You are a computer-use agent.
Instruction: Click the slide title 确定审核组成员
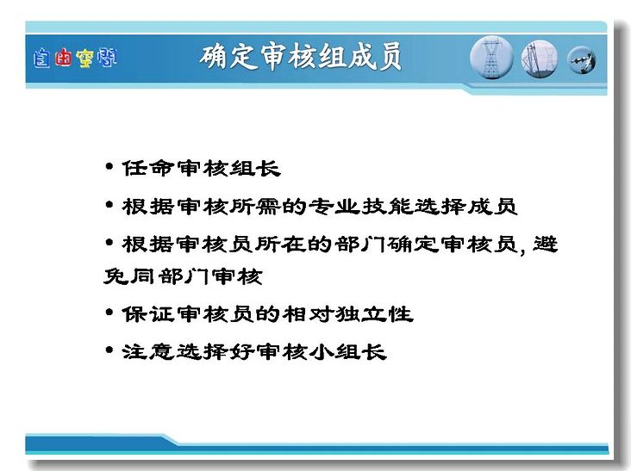[x=301, y=57]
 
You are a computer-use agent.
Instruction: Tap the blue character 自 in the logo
[x=41, y=59]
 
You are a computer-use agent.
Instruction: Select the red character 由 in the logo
[x=63, y=58]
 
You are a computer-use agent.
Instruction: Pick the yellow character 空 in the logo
[x=85, y=59]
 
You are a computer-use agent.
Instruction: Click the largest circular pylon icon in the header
[x=491, y=58]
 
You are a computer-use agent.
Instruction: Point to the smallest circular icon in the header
[x=582, y=60]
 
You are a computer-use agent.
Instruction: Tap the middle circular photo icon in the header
[x=540, y=59]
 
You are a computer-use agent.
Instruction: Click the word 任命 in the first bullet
[x=148, y=169]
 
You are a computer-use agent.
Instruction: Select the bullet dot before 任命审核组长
[x=109, y=166]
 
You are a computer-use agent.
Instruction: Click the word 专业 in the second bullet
[x=334, y=207]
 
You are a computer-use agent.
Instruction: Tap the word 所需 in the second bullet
[x=254, y=207]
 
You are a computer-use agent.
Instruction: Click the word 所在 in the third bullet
[x=281, y=244]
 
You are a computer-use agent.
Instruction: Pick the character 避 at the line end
[x=546, y=244]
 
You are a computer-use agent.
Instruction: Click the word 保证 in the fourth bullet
[x=148, y=314]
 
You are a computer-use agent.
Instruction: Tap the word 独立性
[x=374, y=314]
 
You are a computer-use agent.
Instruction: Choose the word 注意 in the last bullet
[x=148, y=351]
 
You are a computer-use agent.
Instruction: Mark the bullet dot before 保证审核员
[x=109, y=313]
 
